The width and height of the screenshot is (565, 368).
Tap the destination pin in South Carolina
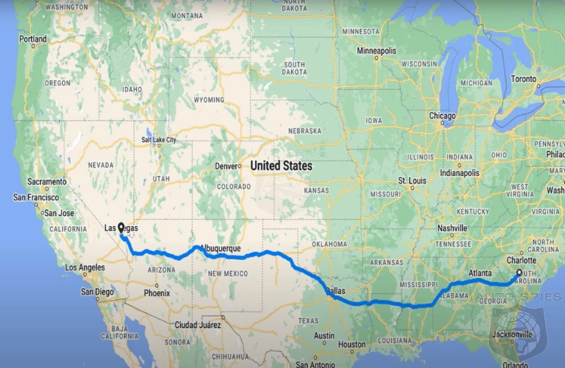519,273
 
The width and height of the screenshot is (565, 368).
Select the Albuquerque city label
221,249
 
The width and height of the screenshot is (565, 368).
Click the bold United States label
281,165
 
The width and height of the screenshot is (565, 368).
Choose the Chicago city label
442,116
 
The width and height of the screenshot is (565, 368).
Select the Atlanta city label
481,273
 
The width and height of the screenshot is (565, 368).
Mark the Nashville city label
452,229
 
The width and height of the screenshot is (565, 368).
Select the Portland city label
32,40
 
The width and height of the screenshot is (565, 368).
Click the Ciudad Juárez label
198,325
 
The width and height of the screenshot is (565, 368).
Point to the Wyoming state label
209,100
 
